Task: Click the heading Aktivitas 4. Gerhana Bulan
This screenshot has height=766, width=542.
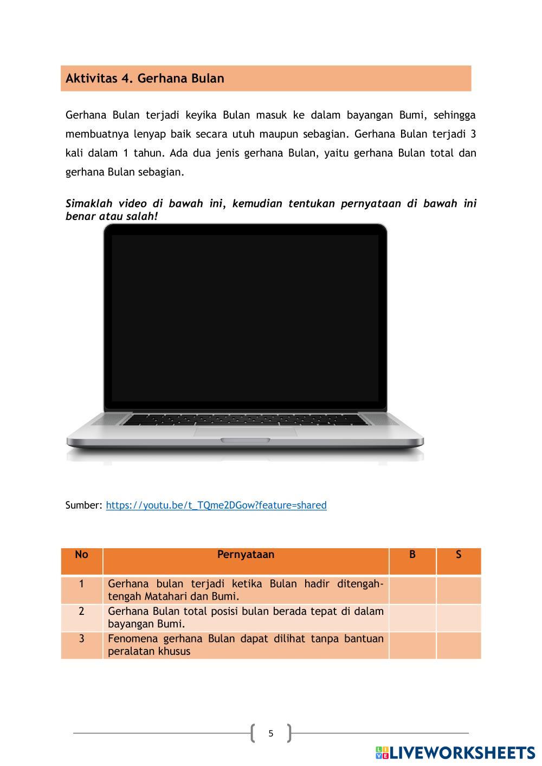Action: (x=145, y=79)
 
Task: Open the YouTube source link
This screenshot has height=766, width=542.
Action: (x=216, y=505)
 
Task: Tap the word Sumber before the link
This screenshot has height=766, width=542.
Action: (x=83, y=505)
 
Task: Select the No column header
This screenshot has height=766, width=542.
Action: (x=81, y=555)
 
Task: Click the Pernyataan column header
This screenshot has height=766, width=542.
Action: (x=246, y=555)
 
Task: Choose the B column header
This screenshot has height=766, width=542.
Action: (x=412, y=555)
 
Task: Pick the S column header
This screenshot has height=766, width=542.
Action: (x=459, y=555)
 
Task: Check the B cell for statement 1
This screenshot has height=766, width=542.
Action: (x=412, y=590)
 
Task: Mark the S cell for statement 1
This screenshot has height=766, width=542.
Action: (x=459, y=590)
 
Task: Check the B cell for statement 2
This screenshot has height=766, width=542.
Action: (x=412, y=618)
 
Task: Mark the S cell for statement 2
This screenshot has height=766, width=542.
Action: (x=459, y=618)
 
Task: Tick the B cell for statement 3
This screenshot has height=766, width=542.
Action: (x=412, y=645)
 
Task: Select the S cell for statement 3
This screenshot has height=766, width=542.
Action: (x=459, y=645)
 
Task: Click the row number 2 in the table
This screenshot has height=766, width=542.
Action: (x=81, y=612)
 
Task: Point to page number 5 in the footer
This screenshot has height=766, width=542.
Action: (x=271, y=733)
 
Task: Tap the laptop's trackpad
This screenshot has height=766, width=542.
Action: (x=246, y=432)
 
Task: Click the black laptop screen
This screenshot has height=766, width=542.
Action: (x=245, y=318)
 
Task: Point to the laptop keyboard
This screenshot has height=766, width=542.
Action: (x=245, y=419)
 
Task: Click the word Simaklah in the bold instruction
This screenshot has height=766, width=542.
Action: (x=89, y=204)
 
